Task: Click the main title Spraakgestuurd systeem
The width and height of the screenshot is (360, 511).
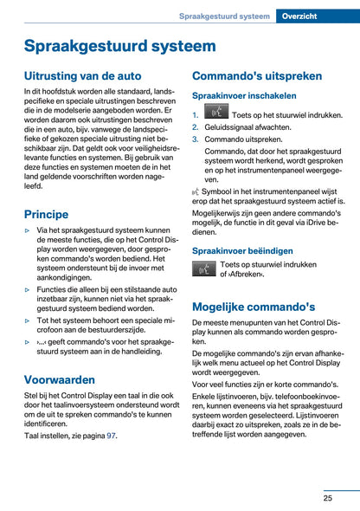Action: coord(119,46)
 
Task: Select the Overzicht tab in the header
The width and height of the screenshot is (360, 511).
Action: coord(318,16)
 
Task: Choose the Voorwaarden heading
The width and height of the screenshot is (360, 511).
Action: coord(60,378)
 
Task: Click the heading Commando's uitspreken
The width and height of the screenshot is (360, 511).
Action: coord(258,75)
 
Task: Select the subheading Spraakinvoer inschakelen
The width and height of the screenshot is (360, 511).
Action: coord(244,96)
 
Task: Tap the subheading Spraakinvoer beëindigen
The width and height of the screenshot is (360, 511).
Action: coord(243,250)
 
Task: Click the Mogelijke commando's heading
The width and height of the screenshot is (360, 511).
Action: coord(254,306)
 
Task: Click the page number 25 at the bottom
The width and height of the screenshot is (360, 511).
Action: coord(329,498)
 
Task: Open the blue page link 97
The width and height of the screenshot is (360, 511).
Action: coord(111,436)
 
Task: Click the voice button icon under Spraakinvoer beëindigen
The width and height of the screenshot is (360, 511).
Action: coord(204,269)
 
